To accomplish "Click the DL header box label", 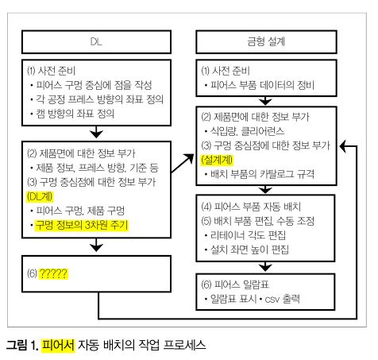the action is [96, 41].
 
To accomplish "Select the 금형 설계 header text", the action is [266, 41].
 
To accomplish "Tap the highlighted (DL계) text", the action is [40, 196].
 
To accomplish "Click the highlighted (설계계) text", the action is [217, 160].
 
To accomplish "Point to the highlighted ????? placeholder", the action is [53, 273].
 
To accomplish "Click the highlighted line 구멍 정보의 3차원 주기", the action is [82, 225].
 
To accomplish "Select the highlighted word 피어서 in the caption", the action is [58, 345].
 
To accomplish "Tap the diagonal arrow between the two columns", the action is [183, 164].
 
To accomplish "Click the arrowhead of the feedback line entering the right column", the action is [343, 146].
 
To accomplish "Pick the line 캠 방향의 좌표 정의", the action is [75, 114].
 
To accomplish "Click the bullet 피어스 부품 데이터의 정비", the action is [262, 85].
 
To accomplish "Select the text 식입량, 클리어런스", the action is [247, 131].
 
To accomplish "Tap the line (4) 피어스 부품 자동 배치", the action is [251, 207].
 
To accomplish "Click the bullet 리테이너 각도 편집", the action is [248, 235].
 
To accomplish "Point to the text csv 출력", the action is [282, 299].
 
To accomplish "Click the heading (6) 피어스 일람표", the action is [235, 285].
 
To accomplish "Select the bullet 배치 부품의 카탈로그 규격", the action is [262, 174].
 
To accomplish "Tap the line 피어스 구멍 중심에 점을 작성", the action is [94, 85].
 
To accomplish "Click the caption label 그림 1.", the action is [22, 345].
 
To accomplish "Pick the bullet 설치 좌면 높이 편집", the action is [249, 250].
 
